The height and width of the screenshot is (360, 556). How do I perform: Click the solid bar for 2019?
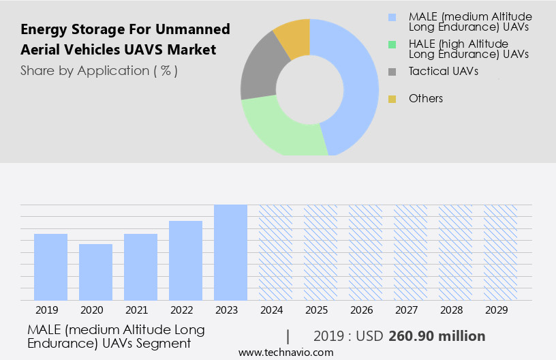(x=50, y=267)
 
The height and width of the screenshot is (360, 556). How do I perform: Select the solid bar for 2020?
(x=95, y=271)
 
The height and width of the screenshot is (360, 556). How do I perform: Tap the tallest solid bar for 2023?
(x=230, y=252)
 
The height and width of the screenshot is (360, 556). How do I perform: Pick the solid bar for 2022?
(x=185, y=260)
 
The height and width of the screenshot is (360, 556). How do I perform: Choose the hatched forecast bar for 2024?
(x=275, y=252)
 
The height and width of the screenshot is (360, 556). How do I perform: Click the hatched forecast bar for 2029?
(x=500, y=252)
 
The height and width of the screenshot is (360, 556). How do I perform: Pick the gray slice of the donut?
(x=258, y=75)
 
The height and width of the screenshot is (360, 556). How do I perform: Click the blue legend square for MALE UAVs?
(x=392, y=17)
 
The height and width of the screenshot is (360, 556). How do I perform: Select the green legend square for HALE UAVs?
(x=392, y=44)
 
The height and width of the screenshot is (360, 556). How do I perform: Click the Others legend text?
(x=426, y=99)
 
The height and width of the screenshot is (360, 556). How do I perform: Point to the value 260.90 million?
(x=437, y=336)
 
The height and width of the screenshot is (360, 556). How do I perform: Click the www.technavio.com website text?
(x=286, y=352)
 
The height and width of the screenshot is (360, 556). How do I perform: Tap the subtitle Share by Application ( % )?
(x=99, y=71)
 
